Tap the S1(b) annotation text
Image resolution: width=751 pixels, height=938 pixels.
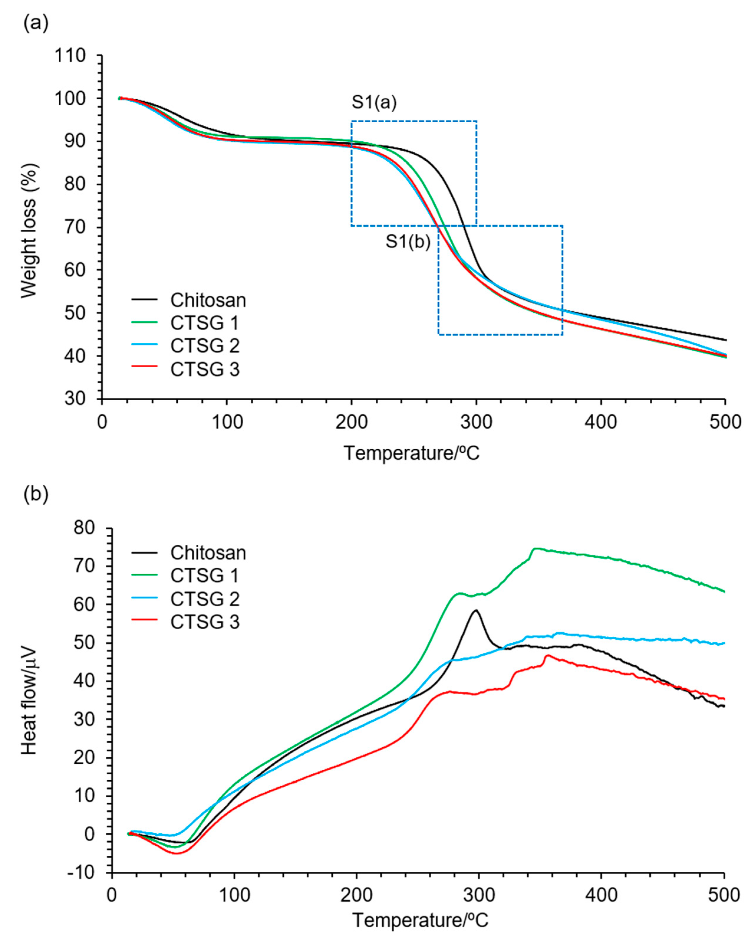click(x=407, y=242)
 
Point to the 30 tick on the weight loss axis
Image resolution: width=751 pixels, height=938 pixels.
click(x=76, y=399)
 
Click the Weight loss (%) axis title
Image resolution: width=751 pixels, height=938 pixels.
click(x=29, y=231)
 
